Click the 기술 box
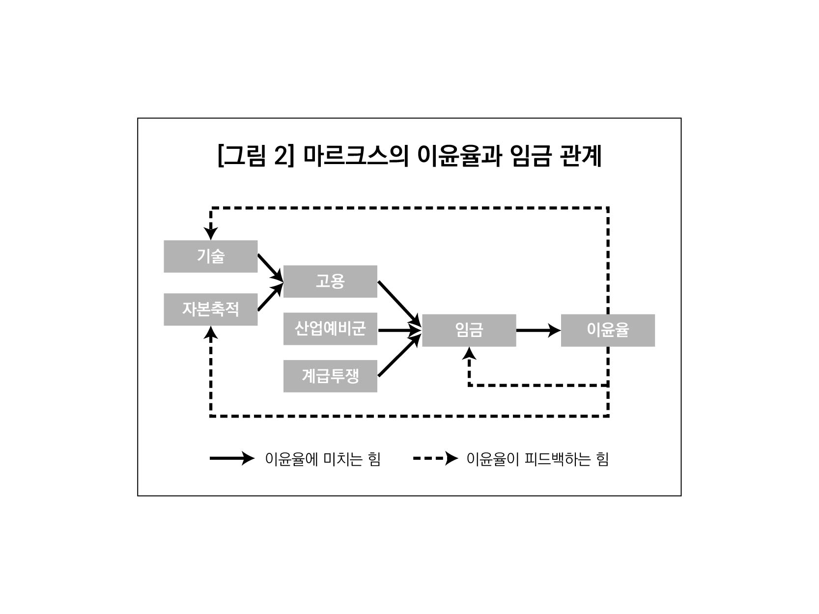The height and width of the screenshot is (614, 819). pos(210,256)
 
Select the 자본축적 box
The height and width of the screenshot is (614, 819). pos(210,309)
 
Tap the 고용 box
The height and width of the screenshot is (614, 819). pos(330,281)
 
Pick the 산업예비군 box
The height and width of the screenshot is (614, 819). pos(330,328)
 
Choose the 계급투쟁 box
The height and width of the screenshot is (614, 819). pos(330,376)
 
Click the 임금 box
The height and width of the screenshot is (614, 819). pos(469,330)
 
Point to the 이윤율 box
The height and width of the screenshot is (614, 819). pos(608,330)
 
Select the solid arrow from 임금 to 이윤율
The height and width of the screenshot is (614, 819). pos(538,330)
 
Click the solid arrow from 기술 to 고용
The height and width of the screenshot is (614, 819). pos(270,268)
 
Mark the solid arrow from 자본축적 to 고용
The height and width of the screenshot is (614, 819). pos(270,297)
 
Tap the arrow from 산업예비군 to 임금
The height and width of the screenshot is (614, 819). pos(399,330)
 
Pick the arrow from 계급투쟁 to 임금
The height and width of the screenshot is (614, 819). pos(399,355)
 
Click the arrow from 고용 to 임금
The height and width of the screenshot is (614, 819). pos(399,303)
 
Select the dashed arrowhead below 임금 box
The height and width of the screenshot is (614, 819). pos(469,353)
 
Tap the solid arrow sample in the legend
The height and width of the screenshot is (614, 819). pos(232,459)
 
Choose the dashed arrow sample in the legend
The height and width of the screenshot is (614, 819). pos(435,459)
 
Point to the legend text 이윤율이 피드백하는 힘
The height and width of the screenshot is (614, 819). pos(537,459)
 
